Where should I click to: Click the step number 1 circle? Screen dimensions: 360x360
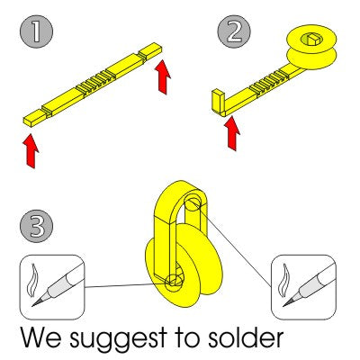click(x=36, y=31)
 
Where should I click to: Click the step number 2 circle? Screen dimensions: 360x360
click(x=234, y=31)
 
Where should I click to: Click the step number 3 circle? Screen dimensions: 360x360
click(x=36, y=226)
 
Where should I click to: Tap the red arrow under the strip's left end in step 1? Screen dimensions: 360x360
click(x=31, y=151)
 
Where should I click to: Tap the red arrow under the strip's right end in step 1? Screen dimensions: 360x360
click(x=163, y=76)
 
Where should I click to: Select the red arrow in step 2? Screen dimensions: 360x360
click(x=233, y=134)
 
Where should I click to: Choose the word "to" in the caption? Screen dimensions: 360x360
click(x=188, y=338)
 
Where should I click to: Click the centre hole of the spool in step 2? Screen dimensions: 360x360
click(x=312, y=39)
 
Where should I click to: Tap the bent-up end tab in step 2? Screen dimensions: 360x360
click(x=219, y=102)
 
